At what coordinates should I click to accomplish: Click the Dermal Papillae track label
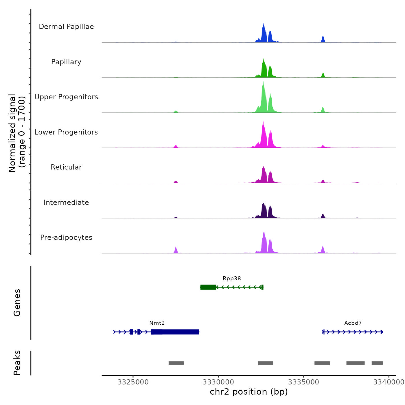pos(66,27)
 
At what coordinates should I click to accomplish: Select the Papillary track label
pos(66,62)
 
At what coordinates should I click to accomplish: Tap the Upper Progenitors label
pos(66,97)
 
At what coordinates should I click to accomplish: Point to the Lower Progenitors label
pos(66,132)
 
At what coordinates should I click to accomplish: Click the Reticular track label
pos(66,167)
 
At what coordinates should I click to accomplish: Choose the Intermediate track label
pos(66,203)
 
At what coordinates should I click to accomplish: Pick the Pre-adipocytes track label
pos(66,238)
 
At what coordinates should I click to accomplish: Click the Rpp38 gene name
pos(232,279)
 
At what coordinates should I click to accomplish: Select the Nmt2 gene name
pos(157,323)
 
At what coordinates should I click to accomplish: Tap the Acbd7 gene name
pos(353,323)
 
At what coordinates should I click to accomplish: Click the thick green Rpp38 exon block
pos(208,287)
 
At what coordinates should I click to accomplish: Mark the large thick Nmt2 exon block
pos(175,332)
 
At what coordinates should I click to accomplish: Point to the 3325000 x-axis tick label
pos(133,382)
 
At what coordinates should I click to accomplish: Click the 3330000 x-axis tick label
pos(218,382)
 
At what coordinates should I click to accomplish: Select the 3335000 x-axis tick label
pos(304,382)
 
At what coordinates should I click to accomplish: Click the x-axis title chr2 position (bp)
pos(249,392)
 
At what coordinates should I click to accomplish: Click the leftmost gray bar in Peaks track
pos(176,363)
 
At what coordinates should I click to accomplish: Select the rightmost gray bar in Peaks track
pos(377,363)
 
